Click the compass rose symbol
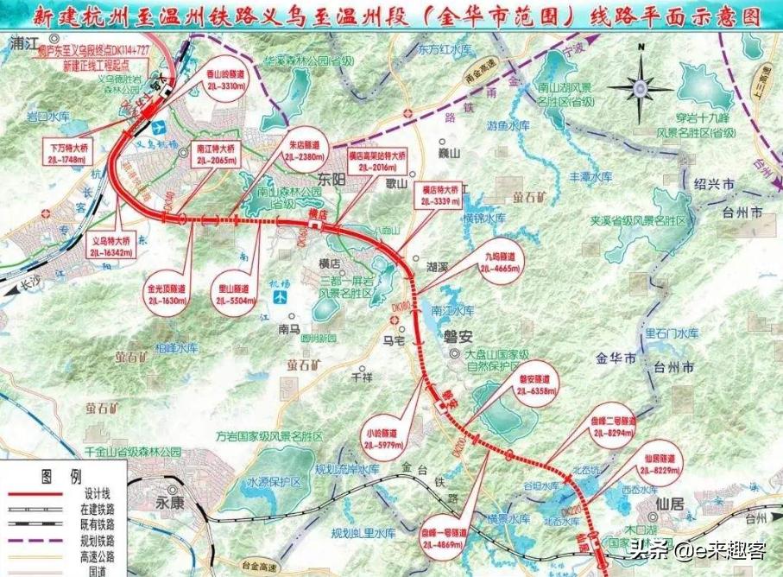click(x=640, y=87)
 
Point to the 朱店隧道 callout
click(x=300, y=155)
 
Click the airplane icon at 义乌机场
click(x=157, y=129)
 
